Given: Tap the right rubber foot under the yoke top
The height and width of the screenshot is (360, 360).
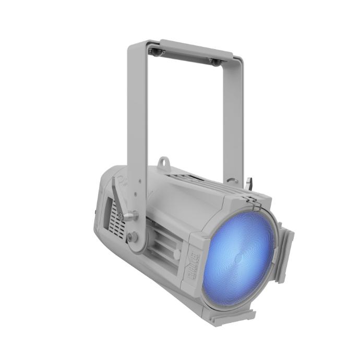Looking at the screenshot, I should [x=214, y=62].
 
